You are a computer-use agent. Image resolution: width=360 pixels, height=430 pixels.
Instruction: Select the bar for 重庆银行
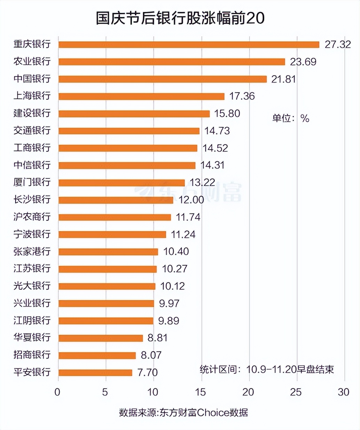coord(189,45)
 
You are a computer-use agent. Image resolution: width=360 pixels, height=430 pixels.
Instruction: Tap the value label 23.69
coord(303,62)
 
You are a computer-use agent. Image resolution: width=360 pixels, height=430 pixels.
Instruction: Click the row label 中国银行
coord(32,79)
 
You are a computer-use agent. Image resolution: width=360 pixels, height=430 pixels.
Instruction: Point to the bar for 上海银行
coord(141,96)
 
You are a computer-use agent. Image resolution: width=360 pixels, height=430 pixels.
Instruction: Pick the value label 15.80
coord(227,114)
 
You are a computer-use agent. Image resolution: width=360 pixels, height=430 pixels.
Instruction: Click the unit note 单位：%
coord(290,118)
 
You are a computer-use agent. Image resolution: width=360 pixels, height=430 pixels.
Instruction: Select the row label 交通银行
coord(32,130)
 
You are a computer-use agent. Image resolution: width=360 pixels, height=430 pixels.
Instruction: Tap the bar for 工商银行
coord(128,148)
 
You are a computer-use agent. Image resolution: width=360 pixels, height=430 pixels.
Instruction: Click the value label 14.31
coord(212,165)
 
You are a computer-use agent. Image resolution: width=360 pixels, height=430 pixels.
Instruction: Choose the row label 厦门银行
coord(32,182)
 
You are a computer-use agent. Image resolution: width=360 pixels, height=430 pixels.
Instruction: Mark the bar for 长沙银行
coord(116,200)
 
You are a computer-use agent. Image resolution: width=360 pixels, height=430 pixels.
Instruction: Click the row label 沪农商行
coord(32,217)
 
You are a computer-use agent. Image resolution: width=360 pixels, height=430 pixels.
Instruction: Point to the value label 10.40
coord(176,252)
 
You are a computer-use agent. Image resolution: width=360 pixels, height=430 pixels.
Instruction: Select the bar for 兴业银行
coord(106,303)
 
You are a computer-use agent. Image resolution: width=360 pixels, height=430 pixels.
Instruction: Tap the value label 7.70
coord(147,373)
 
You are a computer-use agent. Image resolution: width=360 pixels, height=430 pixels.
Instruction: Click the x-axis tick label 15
coord(201,392)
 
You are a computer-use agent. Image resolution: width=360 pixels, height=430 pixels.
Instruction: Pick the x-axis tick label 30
coord(343,392)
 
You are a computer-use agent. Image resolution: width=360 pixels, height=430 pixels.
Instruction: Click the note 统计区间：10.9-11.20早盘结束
coord(267,369)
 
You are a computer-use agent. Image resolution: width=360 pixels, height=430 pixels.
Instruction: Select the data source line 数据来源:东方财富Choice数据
coord(183,413)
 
